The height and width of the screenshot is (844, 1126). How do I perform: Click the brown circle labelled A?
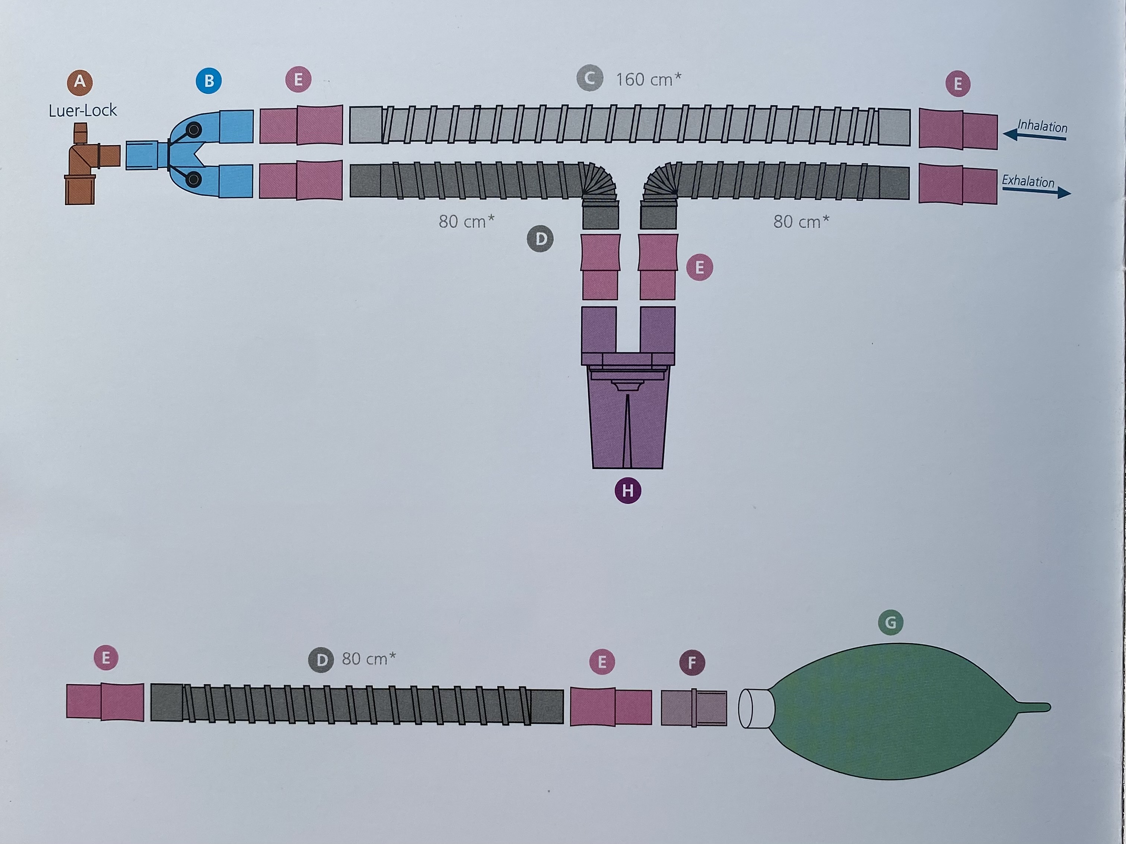(x=80, y=82)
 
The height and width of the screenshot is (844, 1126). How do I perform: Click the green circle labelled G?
(x=890, y=622)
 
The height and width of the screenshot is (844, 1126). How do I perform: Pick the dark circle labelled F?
(x=692, y=662)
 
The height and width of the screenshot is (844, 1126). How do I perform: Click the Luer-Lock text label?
(x=82, y=111)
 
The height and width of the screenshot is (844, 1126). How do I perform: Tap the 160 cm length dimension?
(x=648, y=79)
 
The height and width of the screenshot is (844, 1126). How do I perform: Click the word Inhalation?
(x=1042, y=126)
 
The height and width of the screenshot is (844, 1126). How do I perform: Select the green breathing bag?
(x=896, y=710)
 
